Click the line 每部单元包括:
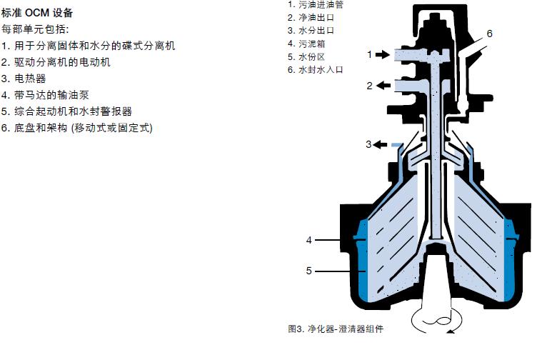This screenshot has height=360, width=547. (35, 29)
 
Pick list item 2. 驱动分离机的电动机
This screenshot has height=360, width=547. (56, 62)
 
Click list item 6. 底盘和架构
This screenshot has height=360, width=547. (77, 128)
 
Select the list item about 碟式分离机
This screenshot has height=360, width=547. (88, 46)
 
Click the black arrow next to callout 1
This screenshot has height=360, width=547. (381, 54)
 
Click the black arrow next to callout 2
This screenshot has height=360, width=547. (381, 86)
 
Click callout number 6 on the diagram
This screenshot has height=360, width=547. (489, 34)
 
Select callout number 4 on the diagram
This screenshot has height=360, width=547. (309, 240)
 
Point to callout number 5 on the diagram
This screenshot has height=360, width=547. (309, 271)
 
